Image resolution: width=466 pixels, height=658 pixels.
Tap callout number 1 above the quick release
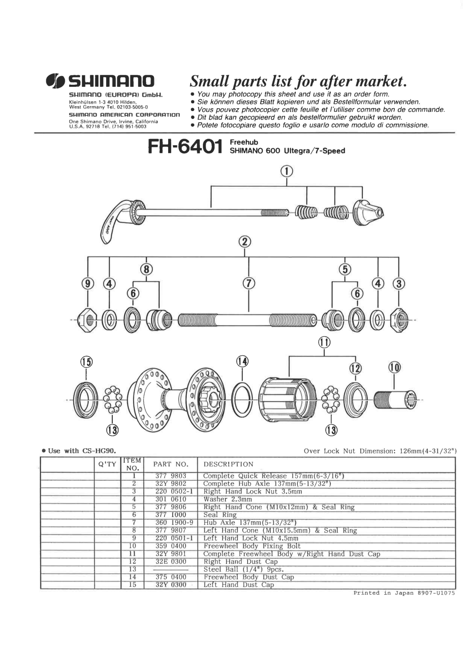pyautogui.click(x=287, y=171)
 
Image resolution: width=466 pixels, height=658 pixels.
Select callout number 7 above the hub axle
pyautogui.click(x=248, y=283)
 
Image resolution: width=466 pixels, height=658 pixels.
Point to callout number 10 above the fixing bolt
pyautogui.click(x=394, y=367)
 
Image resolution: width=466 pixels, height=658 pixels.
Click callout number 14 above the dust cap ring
pyautogui.click(x=242, y=361)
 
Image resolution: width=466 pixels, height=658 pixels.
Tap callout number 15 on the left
pyautogui.click(x=86, y=362)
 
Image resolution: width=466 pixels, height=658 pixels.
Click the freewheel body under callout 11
pyautogui.click(x=288, y=398)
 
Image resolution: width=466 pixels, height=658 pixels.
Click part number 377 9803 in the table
pyautogui.click(x=170, y=476)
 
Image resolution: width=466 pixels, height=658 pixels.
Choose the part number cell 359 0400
pyautogui.click(x=170, y=546)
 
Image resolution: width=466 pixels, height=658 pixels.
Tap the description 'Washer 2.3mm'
pyautogui.click(x=227, y=499)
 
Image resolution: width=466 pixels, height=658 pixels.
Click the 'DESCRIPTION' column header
pyautogui.click(x=228, y=464)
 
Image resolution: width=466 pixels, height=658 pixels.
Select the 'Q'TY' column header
pyautogui.click(x=107, y=464)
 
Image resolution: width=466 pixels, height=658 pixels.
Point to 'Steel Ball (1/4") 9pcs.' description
pyautogui.click(x=243, y=570)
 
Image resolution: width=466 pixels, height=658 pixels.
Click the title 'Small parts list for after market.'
pyautogui.click(x=298, y=81)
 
